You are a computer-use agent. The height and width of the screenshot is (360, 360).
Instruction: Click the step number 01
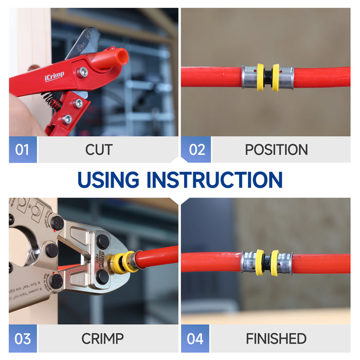click(x=22, y=150)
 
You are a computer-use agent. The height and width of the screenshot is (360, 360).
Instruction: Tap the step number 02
click(x=197, y=150)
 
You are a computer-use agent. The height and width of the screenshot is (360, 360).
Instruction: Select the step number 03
click(x=22, y=338)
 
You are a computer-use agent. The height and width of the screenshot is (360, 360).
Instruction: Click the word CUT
click(x=99, y=150)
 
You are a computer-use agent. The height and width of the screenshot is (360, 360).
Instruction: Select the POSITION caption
click(x=276, y=150)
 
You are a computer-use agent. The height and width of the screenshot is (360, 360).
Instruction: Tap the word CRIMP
click(x=102, y=338)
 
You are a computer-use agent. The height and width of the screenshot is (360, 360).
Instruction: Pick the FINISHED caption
click(x=276, y=338)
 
